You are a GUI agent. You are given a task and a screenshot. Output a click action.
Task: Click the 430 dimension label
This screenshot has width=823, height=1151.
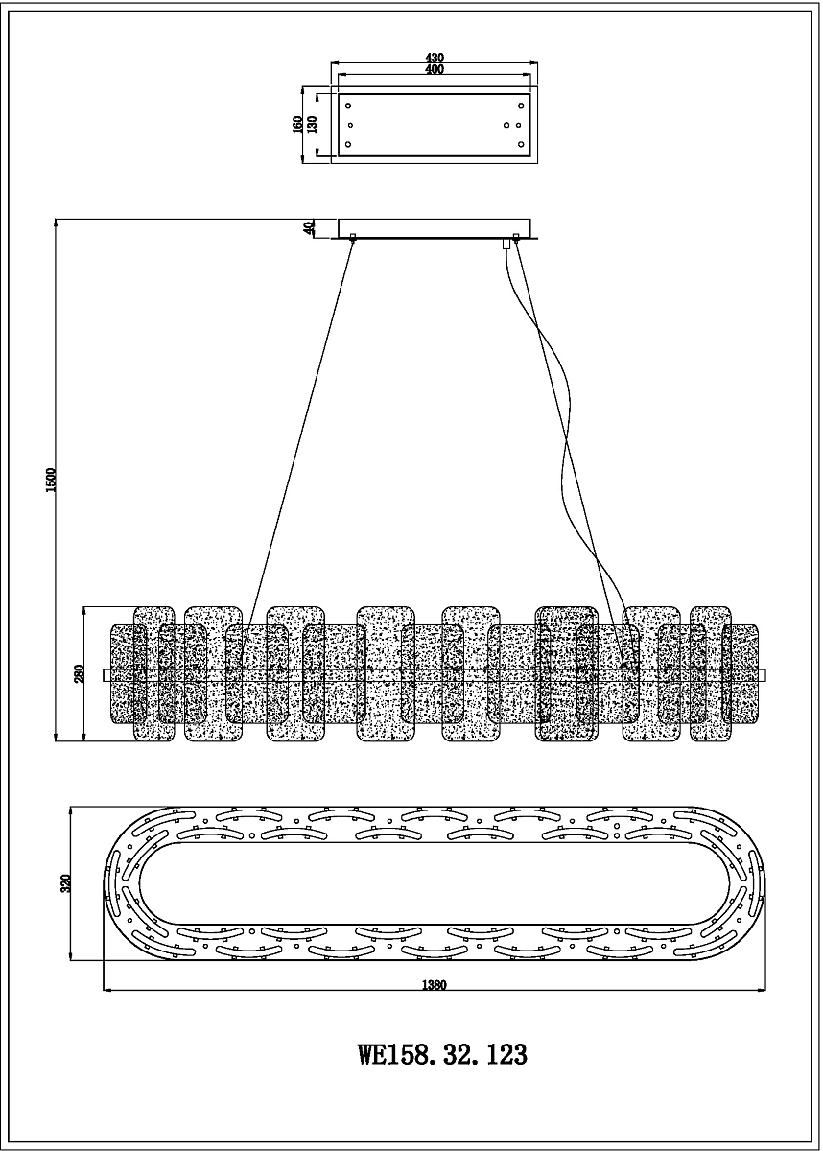(x=435, y=58)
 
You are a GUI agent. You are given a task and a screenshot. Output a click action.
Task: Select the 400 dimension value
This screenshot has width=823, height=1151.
(x=435, y=69)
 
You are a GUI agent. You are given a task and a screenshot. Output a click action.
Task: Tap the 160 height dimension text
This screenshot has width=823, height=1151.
(x=297, y=125)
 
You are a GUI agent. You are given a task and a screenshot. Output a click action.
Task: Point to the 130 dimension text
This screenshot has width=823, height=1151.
(x=311, y=125)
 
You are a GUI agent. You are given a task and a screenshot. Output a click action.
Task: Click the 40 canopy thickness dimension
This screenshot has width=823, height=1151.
(x=308, y=228)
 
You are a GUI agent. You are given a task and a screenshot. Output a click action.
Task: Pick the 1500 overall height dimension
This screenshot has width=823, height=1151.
(x=50, y=480)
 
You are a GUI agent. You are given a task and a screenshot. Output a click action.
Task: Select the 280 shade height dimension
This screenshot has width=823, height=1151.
(x=80, y=674)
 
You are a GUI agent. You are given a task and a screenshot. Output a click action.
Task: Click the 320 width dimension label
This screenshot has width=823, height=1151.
(x=65, y=883)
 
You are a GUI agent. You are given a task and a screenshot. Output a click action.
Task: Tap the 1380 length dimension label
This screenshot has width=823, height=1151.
(x=435, y=984)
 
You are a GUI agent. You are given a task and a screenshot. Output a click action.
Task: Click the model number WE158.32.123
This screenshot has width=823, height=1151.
(x=442, y=1051)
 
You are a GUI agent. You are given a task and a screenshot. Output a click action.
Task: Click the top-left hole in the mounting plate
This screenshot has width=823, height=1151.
(x=348, y=106)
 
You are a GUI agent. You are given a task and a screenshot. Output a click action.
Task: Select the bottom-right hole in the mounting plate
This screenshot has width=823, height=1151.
(x=521, y=145)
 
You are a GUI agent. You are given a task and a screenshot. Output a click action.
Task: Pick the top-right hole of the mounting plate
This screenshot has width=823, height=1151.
(x=521, y=106)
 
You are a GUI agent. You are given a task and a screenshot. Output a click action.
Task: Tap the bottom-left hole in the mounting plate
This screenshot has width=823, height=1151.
(x=348, y=145)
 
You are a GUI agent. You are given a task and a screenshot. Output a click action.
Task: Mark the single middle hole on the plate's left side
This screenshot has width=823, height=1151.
(x=351, y=125)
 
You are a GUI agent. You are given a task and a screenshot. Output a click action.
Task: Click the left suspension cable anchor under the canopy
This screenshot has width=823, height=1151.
(x=353, y=237)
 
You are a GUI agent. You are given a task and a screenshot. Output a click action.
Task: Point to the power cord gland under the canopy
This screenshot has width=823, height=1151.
(x=506, y=244)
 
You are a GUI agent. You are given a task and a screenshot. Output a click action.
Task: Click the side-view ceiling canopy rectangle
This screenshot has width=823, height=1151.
(x=435, y=228)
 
